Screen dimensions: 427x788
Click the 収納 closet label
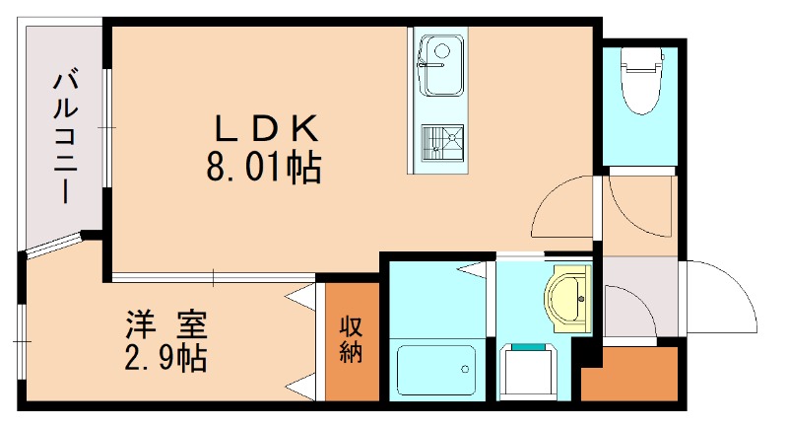point(352,338)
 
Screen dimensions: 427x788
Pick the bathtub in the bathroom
point(433,371)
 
